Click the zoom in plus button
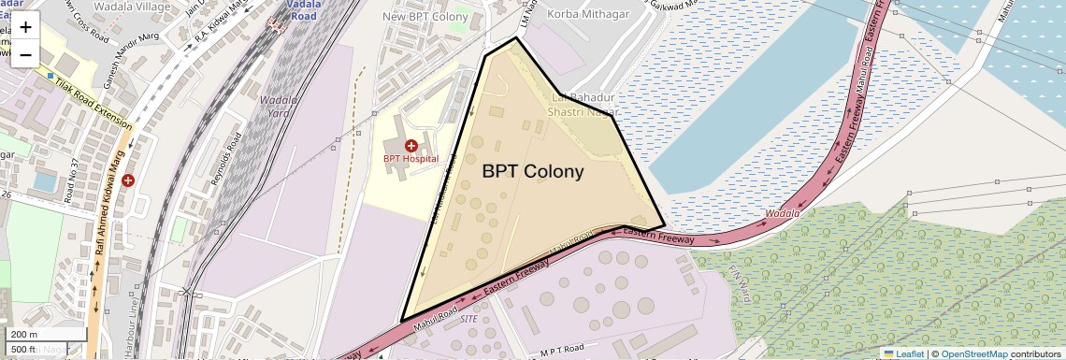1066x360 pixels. click(25, 27)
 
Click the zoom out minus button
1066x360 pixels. click(25, 54)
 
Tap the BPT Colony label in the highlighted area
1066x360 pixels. click(533, 172)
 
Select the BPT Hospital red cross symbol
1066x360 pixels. click(411, 145)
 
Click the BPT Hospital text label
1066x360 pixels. click(411, 159)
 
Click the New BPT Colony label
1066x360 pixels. click(425, 17)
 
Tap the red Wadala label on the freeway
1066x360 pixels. click(782, 214)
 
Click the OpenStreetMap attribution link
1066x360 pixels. click(973, 353)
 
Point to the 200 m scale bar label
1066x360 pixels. click(23, 335)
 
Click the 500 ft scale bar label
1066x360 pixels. click(23, 349)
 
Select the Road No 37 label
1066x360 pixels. click(70, 180)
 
